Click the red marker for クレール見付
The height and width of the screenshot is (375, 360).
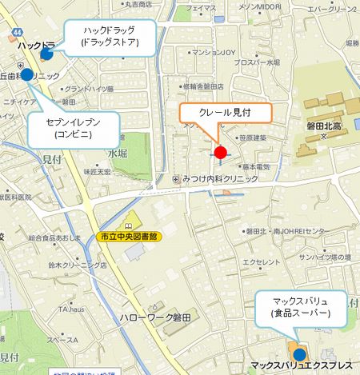coord(221,151)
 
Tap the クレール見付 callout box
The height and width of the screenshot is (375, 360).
coord(225,113)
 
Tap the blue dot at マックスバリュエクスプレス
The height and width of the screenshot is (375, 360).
coord(299,354)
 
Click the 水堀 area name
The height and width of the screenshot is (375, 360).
coord(118,153)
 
